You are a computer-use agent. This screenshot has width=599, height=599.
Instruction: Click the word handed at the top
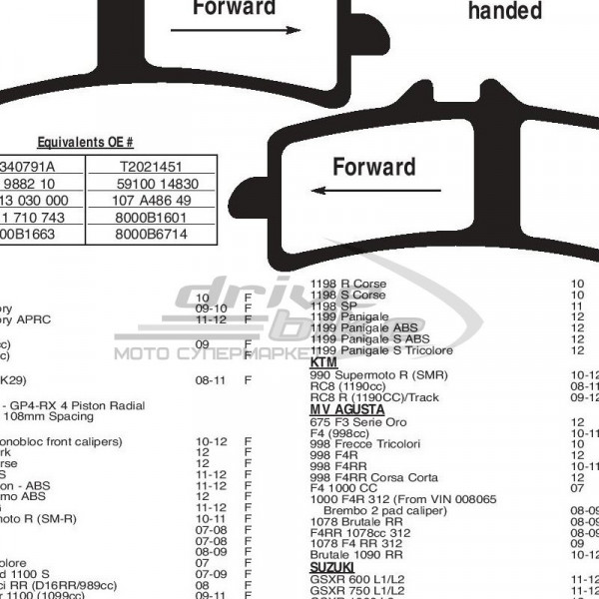[x=505, y=12]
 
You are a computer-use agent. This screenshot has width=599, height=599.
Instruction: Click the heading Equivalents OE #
[x=99, y=143]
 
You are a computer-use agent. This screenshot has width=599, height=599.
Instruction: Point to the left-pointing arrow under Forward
[x=375, y=190]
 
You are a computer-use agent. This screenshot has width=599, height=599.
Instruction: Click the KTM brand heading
[x=324, y=362]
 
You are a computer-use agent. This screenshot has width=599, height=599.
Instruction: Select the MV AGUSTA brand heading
[x=347, y=409]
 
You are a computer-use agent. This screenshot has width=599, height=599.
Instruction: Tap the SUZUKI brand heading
[x=334, y=566]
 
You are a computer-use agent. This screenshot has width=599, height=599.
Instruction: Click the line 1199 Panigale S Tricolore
[x=381, y=350]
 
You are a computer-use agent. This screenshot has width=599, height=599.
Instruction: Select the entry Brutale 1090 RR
[x=356, y=553]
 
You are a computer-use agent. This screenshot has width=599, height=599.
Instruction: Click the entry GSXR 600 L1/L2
[x=357, y=577]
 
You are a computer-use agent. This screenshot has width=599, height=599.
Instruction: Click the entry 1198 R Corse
[x=348, y=284]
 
